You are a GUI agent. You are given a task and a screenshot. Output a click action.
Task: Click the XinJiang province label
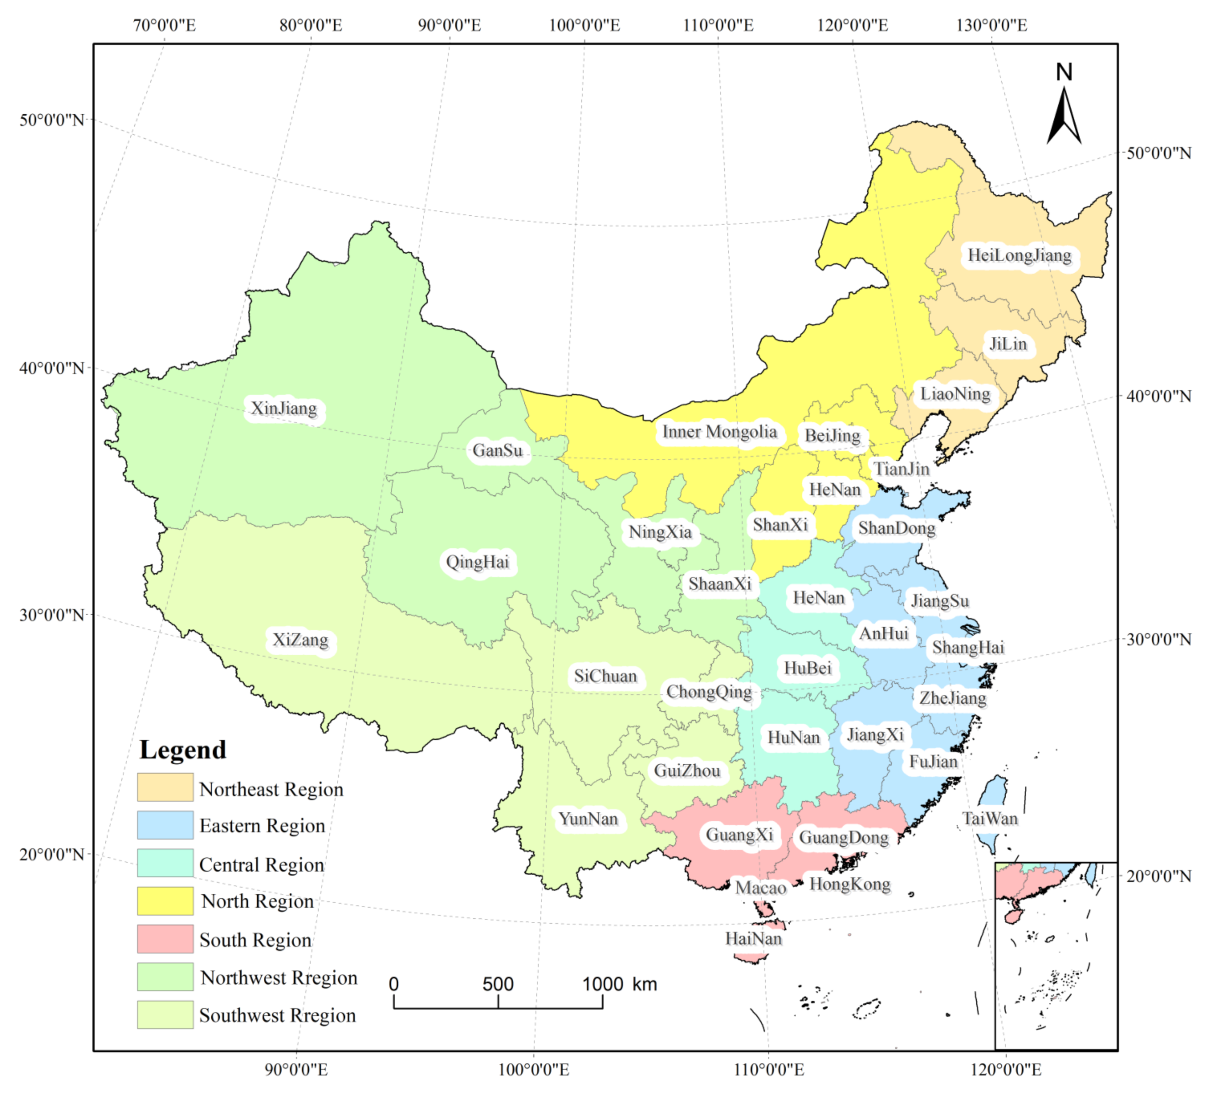coord(284,409)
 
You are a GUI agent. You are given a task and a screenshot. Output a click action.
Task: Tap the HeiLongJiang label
coord(1019,256)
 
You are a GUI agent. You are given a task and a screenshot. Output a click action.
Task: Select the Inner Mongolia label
coord(719,432)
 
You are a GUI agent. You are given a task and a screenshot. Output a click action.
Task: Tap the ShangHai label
coord(967,647)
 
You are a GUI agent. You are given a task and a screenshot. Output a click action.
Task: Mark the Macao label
coord(760,888)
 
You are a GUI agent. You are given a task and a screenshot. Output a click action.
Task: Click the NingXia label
coord(660,532)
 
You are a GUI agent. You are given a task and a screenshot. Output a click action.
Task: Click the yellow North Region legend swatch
coord(165,901)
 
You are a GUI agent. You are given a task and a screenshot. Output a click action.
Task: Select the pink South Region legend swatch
coord(165,939)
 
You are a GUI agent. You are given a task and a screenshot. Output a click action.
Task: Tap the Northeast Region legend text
coord(271,789)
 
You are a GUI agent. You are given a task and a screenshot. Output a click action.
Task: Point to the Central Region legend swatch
coord(165,863)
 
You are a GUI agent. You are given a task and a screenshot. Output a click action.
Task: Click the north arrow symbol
coord(1064,114)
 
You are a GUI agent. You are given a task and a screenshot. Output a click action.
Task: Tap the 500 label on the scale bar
coord(498,984)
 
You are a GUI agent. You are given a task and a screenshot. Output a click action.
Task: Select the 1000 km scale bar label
coord(620,984)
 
